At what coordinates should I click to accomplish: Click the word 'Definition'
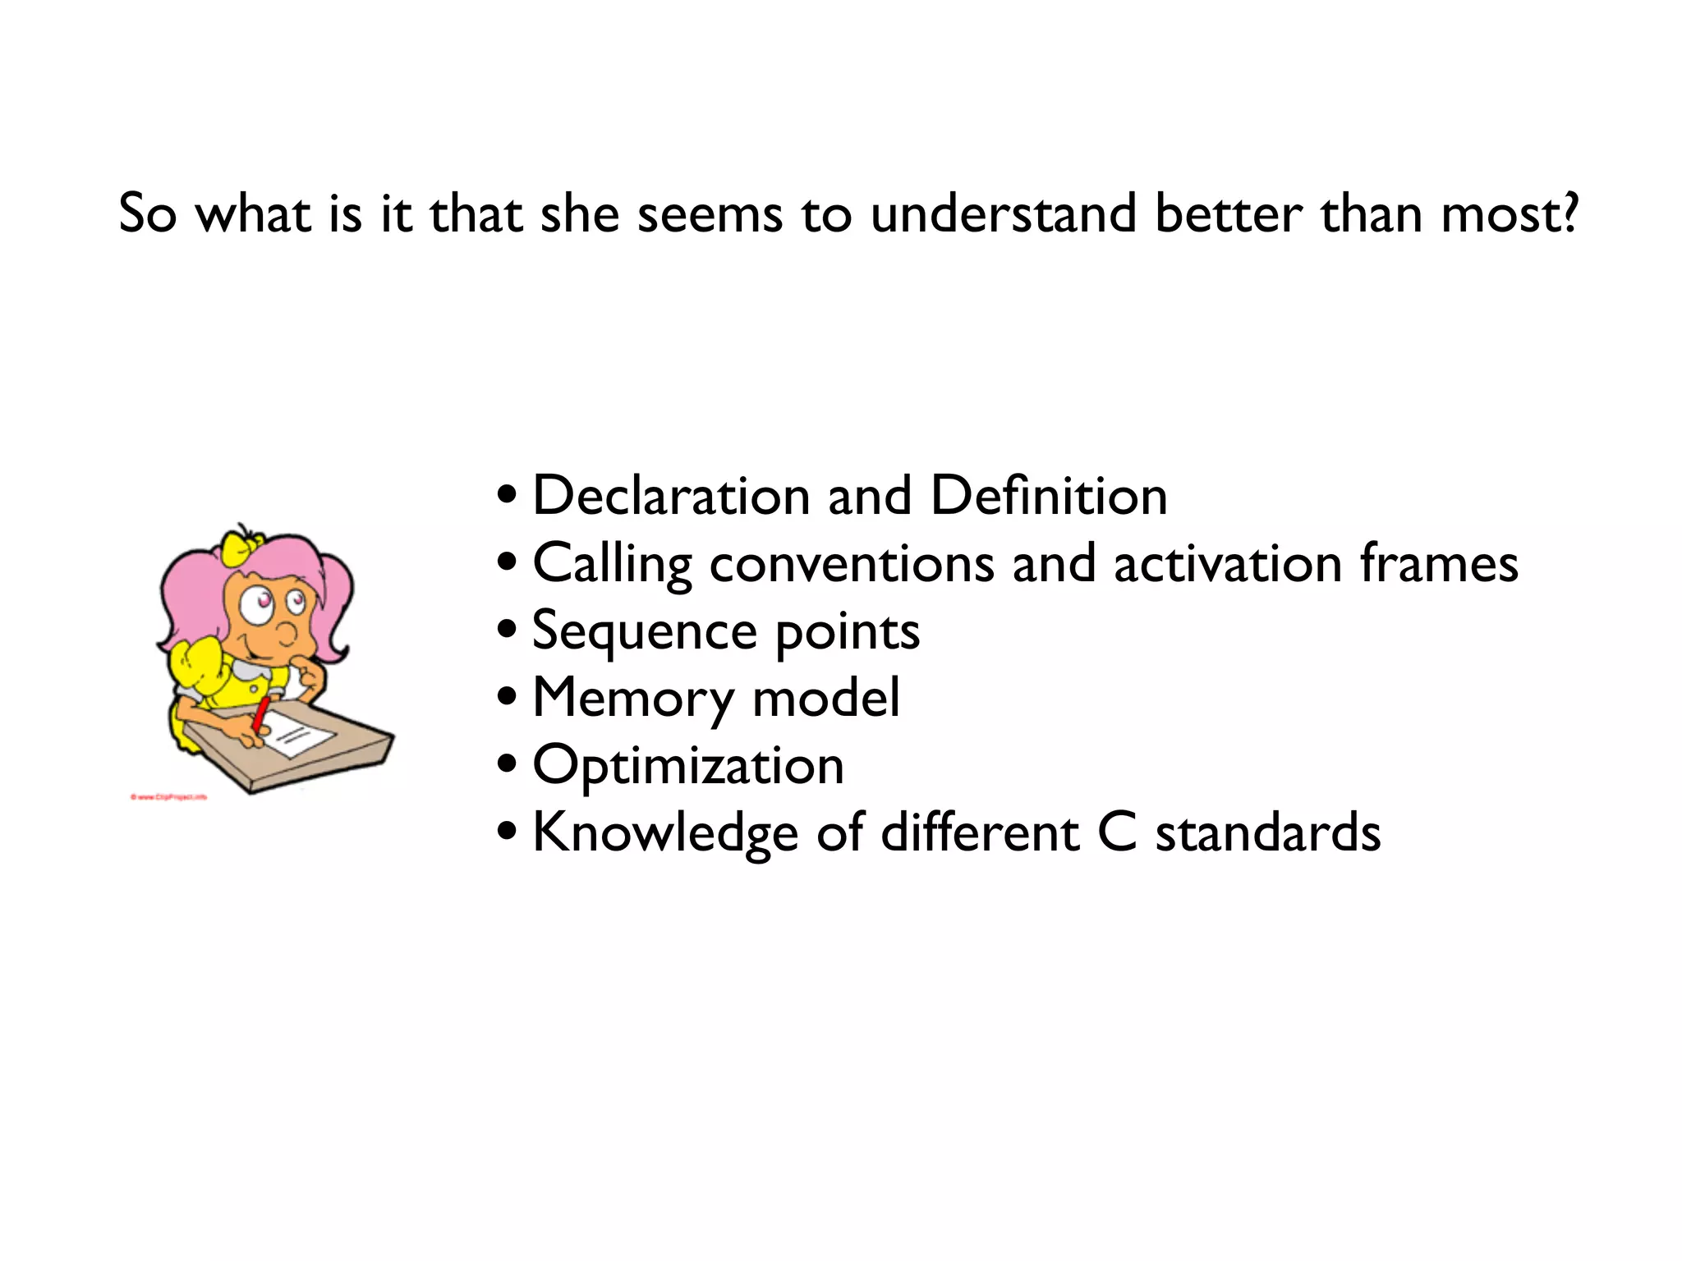coord(1048,496)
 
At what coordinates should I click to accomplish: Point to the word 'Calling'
coord(612,565)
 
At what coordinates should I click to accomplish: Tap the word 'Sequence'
coord(645,632)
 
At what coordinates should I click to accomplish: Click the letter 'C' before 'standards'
coord(1117,832)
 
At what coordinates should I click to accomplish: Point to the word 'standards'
coord(1268,832)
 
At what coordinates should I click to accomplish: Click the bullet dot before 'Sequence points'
coord(508,630)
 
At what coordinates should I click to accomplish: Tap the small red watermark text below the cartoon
coord(168,796)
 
